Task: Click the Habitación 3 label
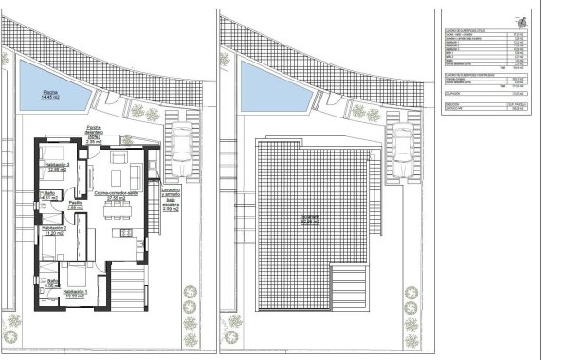(x=59, y=167)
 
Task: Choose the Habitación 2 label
(x=60, y=230)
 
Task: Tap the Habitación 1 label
(x=75, y=293)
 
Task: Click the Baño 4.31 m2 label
(x=49, y=196)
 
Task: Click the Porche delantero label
(x=93, y=132)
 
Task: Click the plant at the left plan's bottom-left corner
(x=10, y=337)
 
